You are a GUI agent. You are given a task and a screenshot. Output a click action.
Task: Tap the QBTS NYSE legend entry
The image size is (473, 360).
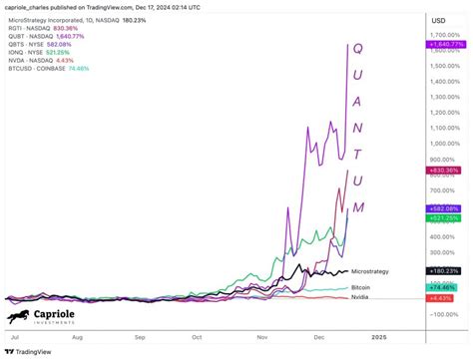coord(40,46)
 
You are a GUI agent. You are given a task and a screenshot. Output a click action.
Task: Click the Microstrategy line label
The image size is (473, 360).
coord(371,270)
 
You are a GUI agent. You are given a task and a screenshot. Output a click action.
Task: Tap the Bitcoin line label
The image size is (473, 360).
coord(362,287)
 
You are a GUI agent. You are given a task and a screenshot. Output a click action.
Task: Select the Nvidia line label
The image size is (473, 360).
coord(361,297)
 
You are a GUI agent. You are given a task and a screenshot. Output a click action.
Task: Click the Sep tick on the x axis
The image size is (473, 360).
coord(140,338)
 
